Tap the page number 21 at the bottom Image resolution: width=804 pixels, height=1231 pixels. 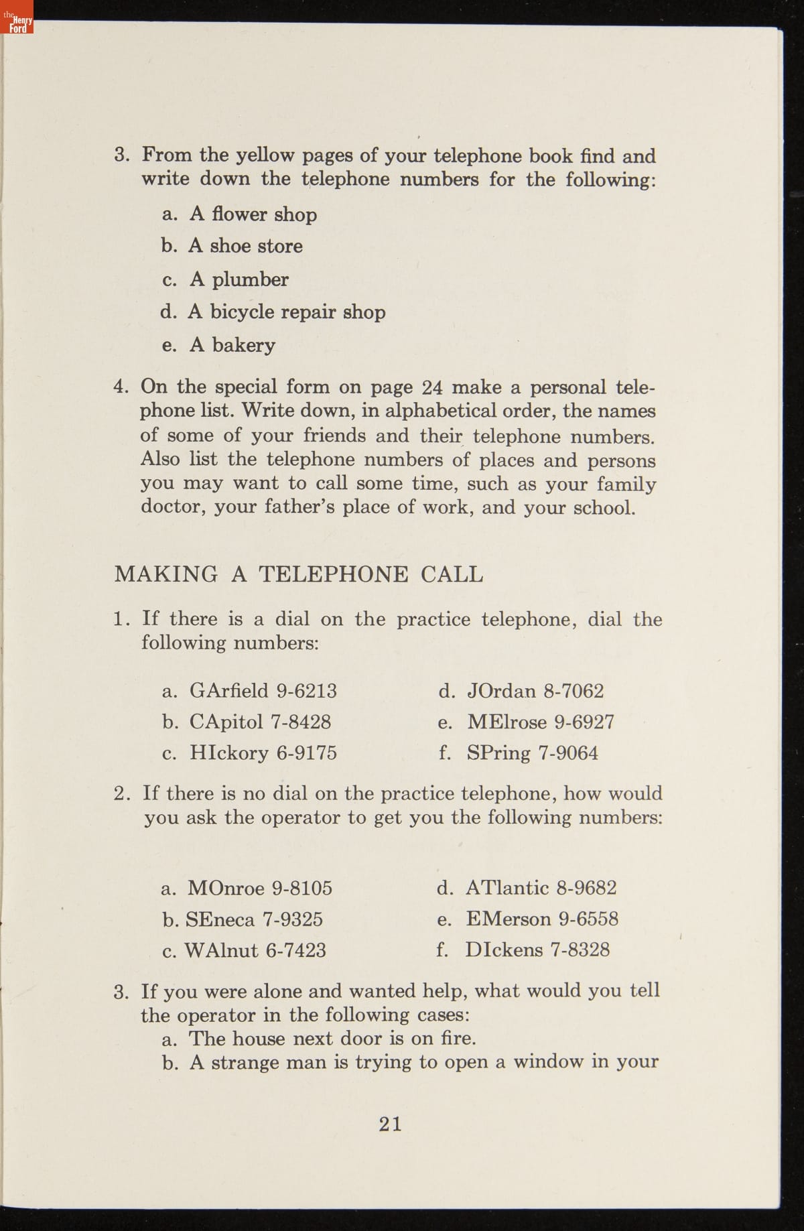391,1124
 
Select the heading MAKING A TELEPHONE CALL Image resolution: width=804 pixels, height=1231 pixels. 298,574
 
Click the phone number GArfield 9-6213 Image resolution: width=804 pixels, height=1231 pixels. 263,691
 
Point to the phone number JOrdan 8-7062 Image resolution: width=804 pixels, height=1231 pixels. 535,691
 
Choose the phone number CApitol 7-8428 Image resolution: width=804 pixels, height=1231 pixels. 260,722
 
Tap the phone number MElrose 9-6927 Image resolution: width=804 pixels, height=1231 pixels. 540,722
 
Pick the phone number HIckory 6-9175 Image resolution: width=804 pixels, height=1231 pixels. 263,753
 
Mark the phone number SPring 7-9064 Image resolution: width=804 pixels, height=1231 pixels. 532,753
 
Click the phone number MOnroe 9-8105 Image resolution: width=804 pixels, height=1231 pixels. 260,889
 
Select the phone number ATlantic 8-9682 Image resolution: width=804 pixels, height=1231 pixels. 540,889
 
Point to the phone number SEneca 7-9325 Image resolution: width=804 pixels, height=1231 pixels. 254,919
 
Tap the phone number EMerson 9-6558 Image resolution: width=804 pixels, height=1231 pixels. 541,919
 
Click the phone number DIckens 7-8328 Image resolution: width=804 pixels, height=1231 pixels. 537,950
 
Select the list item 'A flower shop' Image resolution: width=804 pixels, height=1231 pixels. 253,214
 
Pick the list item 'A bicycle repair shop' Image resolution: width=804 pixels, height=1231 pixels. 287,312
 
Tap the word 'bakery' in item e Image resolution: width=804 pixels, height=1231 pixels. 244,345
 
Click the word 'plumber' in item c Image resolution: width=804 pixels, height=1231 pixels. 250,279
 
